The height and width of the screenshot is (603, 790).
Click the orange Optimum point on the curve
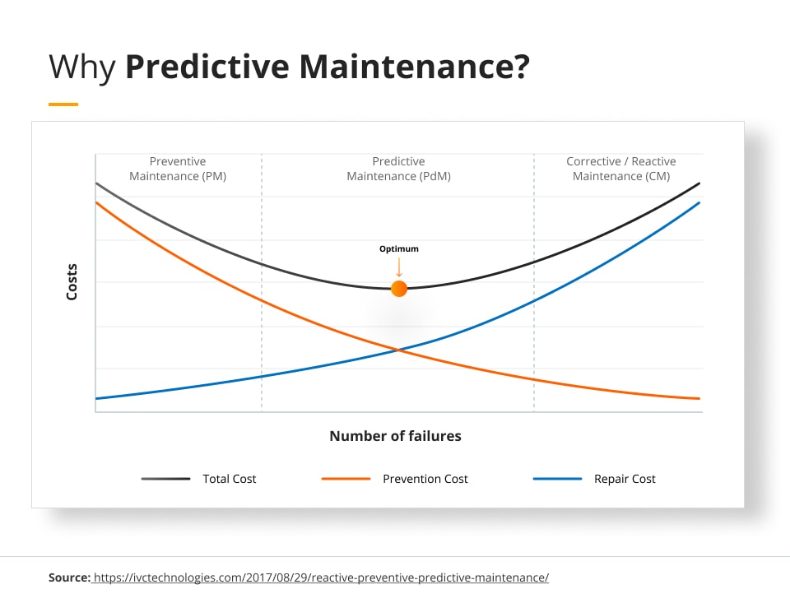[x=399, y=289]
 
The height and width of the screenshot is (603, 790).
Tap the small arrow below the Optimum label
[x=399, y=267]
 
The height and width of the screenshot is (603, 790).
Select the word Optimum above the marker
[x=399, y=249]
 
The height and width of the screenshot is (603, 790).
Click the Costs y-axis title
[x=72, y=281]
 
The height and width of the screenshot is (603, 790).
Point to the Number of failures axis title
[x=395, y=436]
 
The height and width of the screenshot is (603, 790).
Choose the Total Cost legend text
[x=230, y=479]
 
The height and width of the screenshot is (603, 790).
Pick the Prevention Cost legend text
[x=425, y=479]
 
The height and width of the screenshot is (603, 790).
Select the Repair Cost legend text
[x=625, y=479]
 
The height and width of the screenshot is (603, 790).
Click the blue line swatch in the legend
[x=557, y=479]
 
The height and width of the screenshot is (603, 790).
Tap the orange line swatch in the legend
[x=346, y=479]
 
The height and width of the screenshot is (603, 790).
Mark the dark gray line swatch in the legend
[x=166, y=479]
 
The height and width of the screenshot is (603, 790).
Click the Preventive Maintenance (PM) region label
[x=178, y=169]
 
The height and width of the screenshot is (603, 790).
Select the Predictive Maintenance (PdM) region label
[x=399, y=169]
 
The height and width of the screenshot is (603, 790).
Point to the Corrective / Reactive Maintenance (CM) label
[x=621, y=169]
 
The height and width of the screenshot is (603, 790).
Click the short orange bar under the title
[x=63, y=104]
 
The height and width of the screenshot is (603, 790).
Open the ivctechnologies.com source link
[x=321, y=577]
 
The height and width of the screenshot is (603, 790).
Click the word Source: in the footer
[x=69, y=577]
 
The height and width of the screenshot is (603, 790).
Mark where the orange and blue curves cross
[x=398, y=350]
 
